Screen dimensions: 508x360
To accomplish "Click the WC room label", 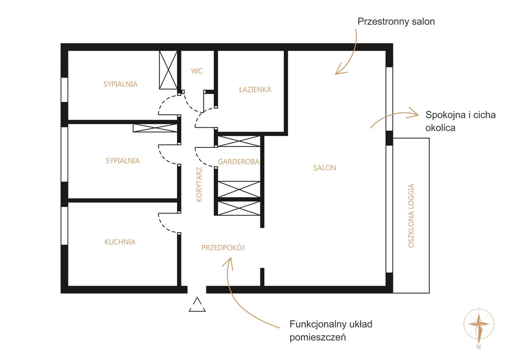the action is (x=196, y=71).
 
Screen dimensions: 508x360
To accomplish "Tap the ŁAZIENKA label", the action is (x=255, y=89).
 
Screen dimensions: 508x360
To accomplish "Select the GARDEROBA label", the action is (x=239, y=161).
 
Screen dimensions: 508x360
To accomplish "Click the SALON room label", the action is (x=324, y=168).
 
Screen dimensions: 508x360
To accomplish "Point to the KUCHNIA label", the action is (x=120, y=242).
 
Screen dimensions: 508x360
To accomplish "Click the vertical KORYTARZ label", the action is (x=199, y=185).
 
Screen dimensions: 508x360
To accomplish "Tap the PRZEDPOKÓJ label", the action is (x=223, y=248).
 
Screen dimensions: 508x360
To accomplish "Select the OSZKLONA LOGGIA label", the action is (x=411, y=216).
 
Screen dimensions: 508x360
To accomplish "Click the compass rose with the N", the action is (x=479, y=325).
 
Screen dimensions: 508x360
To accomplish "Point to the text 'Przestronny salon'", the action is (x=396, y=22).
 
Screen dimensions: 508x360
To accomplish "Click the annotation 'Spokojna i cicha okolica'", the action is (x=460, y=121).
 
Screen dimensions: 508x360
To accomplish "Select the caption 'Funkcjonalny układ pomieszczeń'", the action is (x=331, y=331).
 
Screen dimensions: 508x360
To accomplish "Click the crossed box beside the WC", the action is (x=168, y=70).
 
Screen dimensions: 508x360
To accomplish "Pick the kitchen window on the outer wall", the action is (x=64, y=226).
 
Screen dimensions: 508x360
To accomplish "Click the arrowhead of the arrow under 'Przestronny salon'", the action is (x=340, y=70).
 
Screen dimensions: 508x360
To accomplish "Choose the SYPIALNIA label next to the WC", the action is (x=120, y=84).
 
